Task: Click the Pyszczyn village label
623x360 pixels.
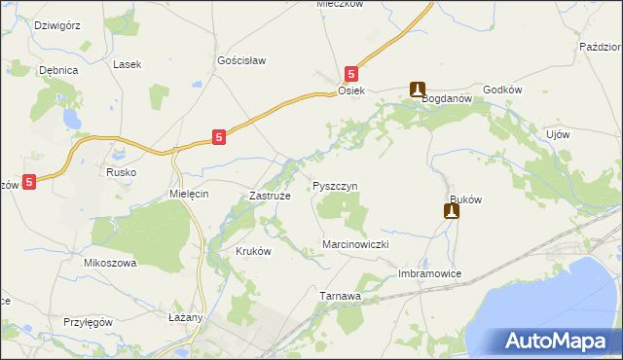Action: tap(336, 185)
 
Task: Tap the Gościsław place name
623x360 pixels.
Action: tap(241, 59)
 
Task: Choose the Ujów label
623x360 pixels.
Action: tap(558, 133)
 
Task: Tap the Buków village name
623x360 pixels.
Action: tap(465, 197)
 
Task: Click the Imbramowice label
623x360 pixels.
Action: tap(429, 274)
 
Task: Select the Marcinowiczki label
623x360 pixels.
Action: tap(355, 244)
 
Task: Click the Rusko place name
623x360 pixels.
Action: tap(122, 172)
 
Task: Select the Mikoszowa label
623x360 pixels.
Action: tap(110, 263)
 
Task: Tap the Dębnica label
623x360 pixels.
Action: tap(57, 70)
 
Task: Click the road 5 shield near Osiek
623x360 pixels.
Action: tap(352, 73)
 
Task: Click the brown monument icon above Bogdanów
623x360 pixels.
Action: tap(418, 88)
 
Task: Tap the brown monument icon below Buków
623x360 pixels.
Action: tap(452, 210)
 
